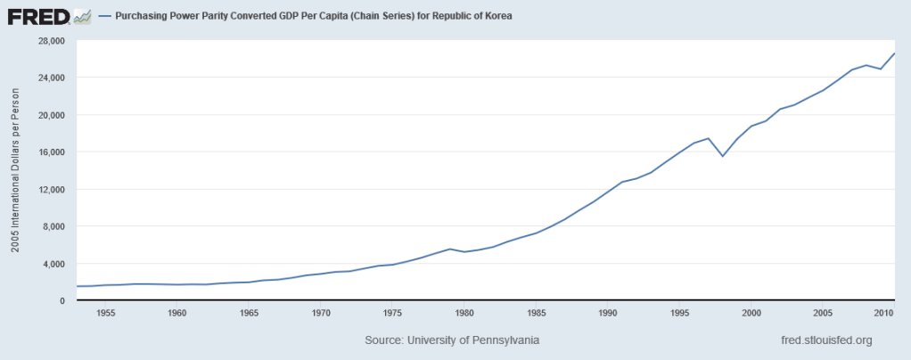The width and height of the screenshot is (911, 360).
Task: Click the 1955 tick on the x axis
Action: [x=105, y=314]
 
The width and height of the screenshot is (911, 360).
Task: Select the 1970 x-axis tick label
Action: [x=321, y=314]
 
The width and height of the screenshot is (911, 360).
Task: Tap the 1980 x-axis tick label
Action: [x=464, y=314]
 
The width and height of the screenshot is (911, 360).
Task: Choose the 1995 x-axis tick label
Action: [x=679, y=314]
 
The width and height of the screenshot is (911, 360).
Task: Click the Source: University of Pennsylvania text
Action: [x=452, y=341]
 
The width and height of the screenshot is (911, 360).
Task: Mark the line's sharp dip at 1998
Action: [x=723, y=156]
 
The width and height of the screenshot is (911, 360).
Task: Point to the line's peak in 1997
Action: [x=709, y=138]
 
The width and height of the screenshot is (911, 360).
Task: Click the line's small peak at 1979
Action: [x=450, y=249]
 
